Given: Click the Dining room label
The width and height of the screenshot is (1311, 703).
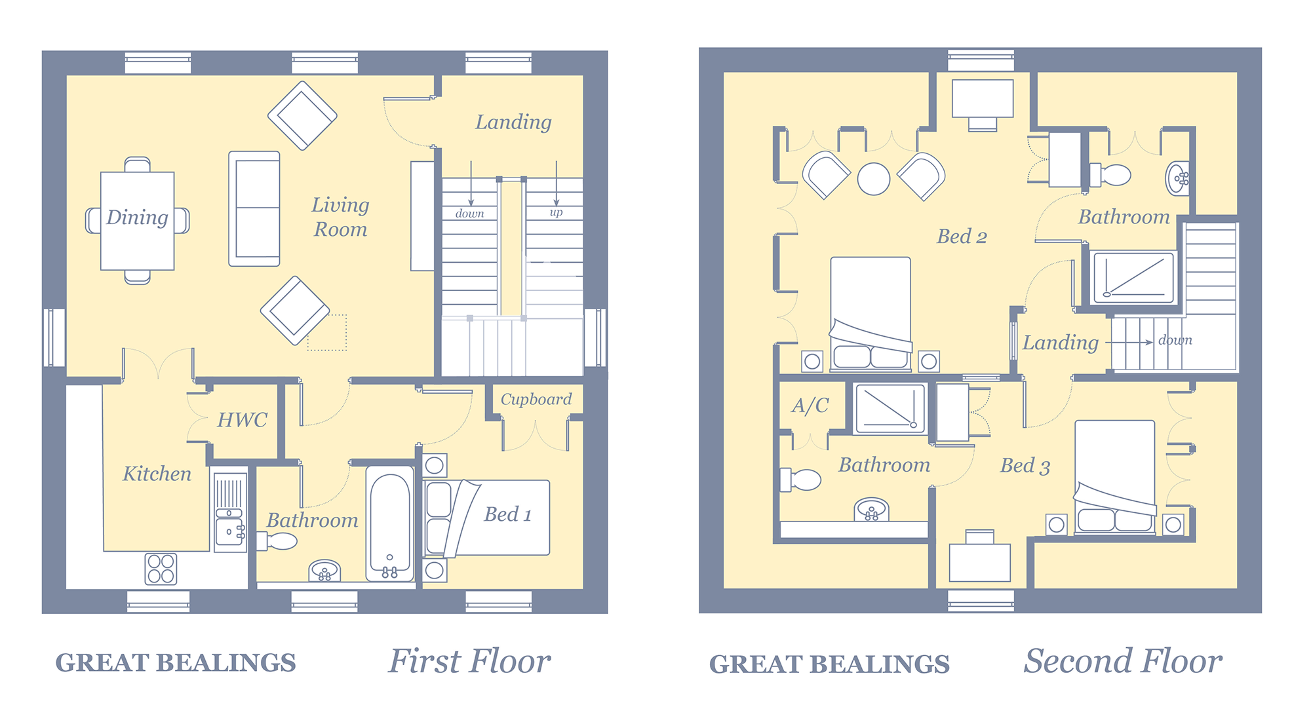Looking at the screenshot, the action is (137, 218).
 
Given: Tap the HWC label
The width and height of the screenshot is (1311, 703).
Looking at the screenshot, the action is (243, 419).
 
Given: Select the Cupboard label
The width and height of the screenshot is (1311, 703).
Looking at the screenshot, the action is (536, 399).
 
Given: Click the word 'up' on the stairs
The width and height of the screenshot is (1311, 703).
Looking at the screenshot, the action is (556, 212).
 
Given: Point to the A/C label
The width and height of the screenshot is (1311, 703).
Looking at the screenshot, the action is (810, 405).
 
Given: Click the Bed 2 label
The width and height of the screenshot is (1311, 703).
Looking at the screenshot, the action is (962, 236).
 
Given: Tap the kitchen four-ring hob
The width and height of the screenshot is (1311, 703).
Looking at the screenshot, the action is (161, 568).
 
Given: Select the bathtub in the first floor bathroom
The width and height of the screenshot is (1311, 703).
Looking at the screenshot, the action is (389, 524).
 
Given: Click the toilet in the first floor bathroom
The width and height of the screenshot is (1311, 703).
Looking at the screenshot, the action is (277, 541).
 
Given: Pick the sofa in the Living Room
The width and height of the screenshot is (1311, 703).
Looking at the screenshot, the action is (254, 209).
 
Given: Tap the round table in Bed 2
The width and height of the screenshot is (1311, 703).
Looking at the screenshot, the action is (874, 178).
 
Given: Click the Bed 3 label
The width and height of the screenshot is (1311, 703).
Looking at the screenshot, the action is (1025, 466).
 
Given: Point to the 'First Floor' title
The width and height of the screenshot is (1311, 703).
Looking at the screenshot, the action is (469, 661).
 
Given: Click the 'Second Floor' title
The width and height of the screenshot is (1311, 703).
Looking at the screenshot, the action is (1123, 661).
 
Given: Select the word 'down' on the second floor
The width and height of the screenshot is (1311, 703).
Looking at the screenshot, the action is (1175, 339).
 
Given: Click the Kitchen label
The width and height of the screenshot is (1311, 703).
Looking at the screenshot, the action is (157, 474).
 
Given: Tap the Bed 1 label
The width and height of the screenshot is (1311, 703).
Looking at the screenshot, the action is (507, 514).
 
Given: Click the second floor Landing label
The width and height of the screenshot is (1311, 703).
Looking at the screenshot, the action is (1061, 343).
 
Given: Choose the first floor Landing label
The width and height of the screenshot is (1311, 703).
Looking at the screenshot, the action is (513, 123).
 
